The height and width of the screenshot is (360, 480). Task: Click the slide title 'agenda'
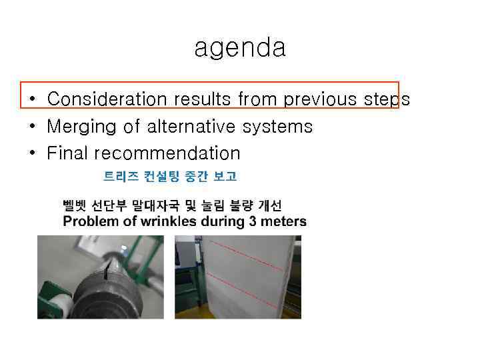pyautogui.click(x=240, y=48)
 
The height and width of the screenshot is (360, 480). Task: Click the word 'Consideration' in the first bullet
pyautogui.click(x=107, y=99)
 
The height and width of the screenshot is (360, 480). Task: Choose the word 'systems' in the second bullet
pyautogui.click(x=280, y=127)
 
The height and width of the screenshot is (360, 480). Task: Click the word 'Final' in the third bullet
pyautogui.click(x=68, y=153)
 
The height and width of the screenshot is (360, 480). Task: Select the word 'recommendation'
pyautogui.click(x=167, y=153)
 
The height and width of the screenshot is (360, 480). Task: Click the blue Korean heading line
pyautogui.click(x=169, y=177)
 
